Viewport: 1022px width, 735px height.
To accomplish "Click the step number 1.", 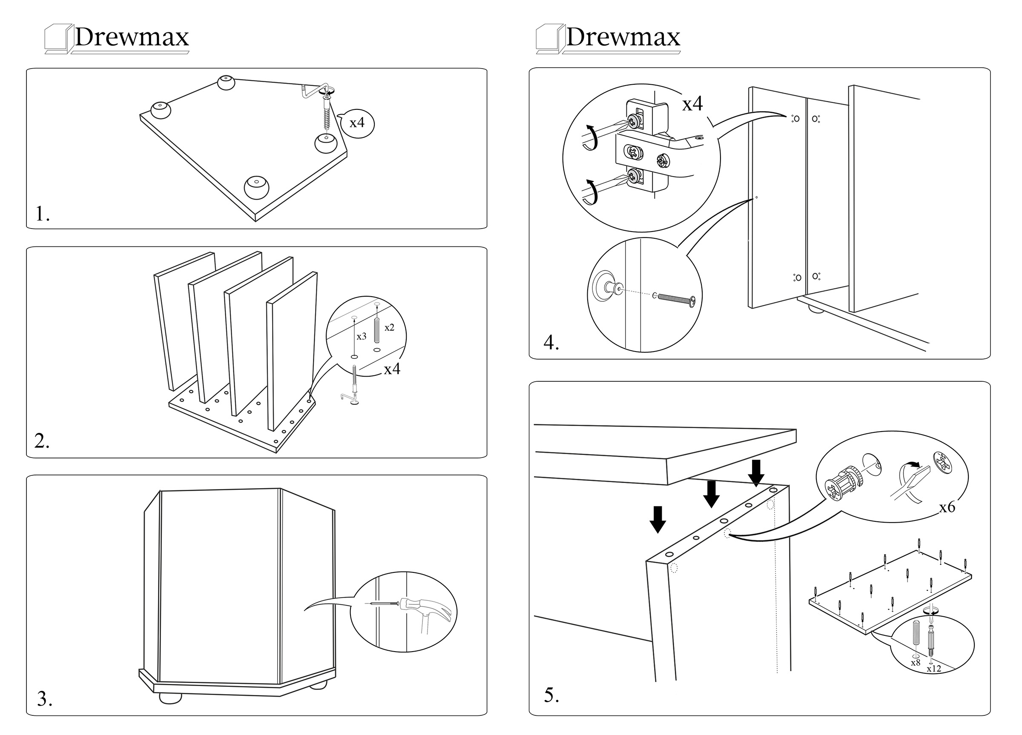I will (42, 214).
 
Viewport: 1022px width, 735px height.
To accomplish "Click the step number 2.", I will (41, 441).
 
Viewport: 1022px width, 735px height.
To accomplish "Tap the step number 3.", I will (44, 699).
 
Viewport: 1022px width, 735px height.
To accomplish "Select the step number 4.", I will (551, 343).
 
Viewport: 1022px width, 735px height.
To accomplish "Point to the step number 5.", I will (551, 695).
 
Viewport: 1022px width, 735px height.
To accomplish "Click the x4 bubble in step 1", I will (357, 123).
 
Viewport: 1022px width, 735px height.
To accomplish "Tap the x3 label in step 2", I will (362, 336).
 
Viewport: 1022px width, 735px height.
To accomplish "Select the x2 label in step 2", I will (389, 327).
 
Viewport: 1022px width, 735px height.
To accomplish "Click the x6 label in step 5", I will (947, 507).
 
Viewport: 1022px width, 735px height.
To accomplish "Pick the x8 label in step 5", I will (915, 663).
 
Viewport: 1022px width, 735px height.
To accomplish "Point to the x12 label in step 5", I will (934, 668).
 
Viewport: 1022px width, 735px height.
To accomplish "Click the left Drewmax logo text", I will (131, 37).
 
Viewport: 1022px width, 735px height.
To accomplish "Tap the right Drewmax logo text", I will (623, 37).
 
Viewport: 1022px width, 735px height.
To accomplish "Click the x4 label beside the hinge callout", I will (692, 104).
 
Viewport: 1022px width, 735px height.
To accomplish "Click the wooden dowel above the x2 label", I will (377, 330).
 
